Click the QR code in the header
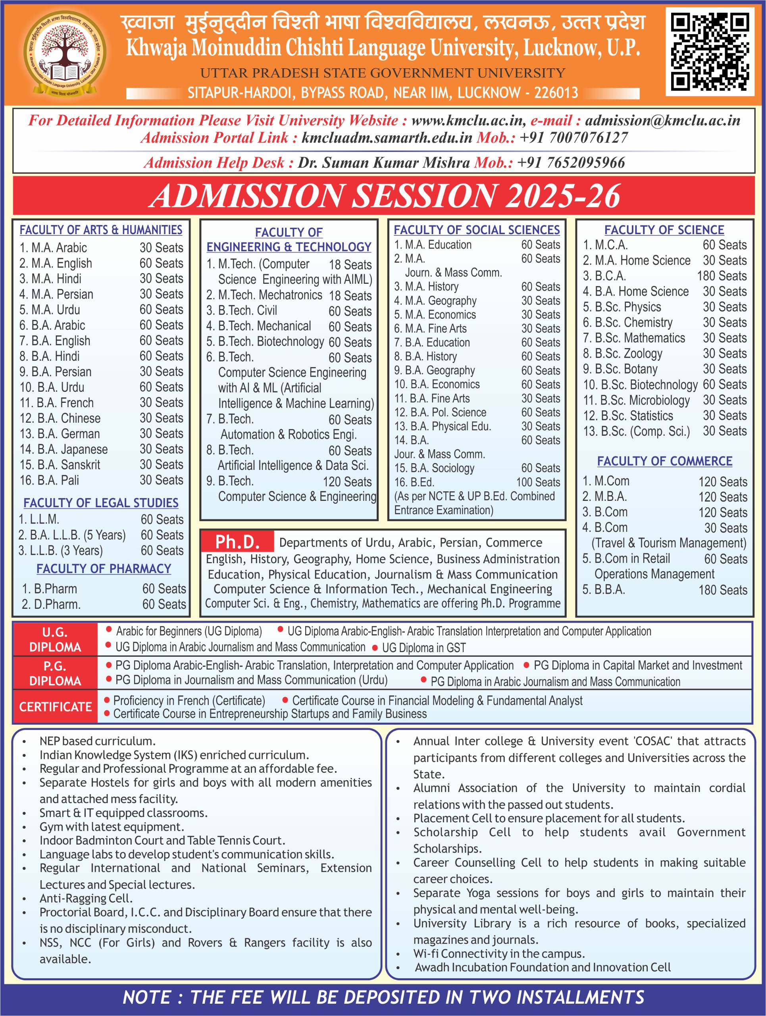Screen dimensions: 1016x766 [x=710, y=52]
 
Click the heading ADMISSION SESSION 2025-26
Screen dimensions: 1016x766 [x=385, y=196]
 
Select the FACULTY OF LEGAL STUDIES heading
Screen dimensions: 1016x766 [x=101, y=503]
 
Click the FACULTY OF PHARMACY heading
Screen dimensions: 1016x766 [x=104, y=569]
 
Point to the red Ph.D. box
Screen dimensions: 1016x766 [x=237, y=542]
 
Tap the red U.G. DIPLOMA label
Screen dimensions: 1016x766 [x=55, y=639]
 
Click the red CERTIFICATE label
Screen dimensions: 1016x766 [x=55, y=706]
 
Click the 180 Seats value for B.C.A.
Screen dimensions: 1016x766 [x=722, y=276]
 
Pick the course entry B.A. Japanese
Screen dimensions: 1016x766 [x=64, y=449]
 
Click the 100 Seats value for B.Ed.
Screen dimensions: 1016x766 [x=538, y=482]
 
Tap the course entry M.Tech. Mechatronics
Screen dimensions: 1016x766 [x=264, y=295]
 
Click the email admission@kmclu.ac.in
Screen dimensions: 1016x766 [x=662, y=120]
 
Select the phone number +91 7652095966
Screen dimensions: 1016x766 [x=571, y=163]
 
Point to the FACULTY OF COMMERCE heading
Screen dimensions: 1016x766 [x=664, y=461]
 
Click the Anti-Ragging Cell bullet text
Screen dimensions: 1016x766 [x=86, y=898]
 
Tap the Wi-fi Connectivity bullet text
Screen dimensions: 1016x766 [x=499, y=954]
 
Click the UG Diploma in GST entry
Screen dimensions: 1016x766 [x=423, y=648]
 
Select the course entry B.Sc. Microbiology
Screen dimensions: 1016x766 [x=637, y=400]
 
